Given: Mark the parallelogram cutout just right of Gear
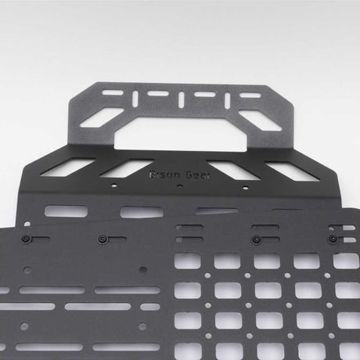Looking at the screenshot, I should (x=232, y=170).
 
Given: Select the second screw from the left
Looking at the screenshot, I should (x=103, y=236).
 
